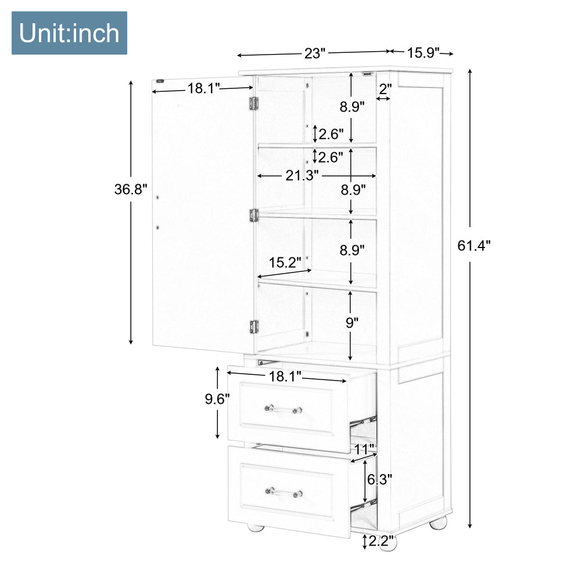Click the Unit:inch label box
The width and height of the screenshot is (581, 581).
(69, 33)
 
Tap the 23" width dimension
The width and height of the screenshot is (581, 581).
(314, 53)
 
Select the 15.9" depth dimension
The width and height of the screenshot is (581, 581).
(423, 53)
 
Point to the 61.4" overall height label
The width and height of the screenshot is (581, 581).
(474, 245)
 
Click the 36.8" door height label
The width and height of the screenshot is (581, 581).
(131, 189)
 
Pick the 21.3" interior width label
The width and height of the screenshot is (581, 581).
(302, 175)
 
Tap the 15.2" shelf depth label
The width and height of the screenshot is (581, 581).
(285, 263)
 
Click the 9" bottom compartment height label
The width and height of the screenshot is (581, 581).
(352, 322)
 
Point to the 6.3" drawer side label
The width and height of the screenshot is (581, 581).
(379, 479)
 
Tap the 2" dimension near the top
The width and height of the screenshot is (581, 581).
(385, 89)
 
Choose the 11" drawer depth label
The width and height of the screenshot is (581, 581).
(365, 450)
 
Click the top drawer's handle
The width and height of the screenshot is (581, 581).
(283, 409)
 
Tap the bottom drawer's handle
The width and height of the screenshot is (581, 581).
(284, 493)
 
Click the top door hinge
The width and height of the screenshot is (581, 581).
(253, 103)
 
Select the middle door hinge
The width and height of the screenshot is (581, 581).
(254, 216)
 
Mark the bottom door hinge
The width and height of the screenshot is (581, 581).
(254, 327)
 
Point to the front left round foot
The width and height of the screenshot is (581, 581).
(256, 527)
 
